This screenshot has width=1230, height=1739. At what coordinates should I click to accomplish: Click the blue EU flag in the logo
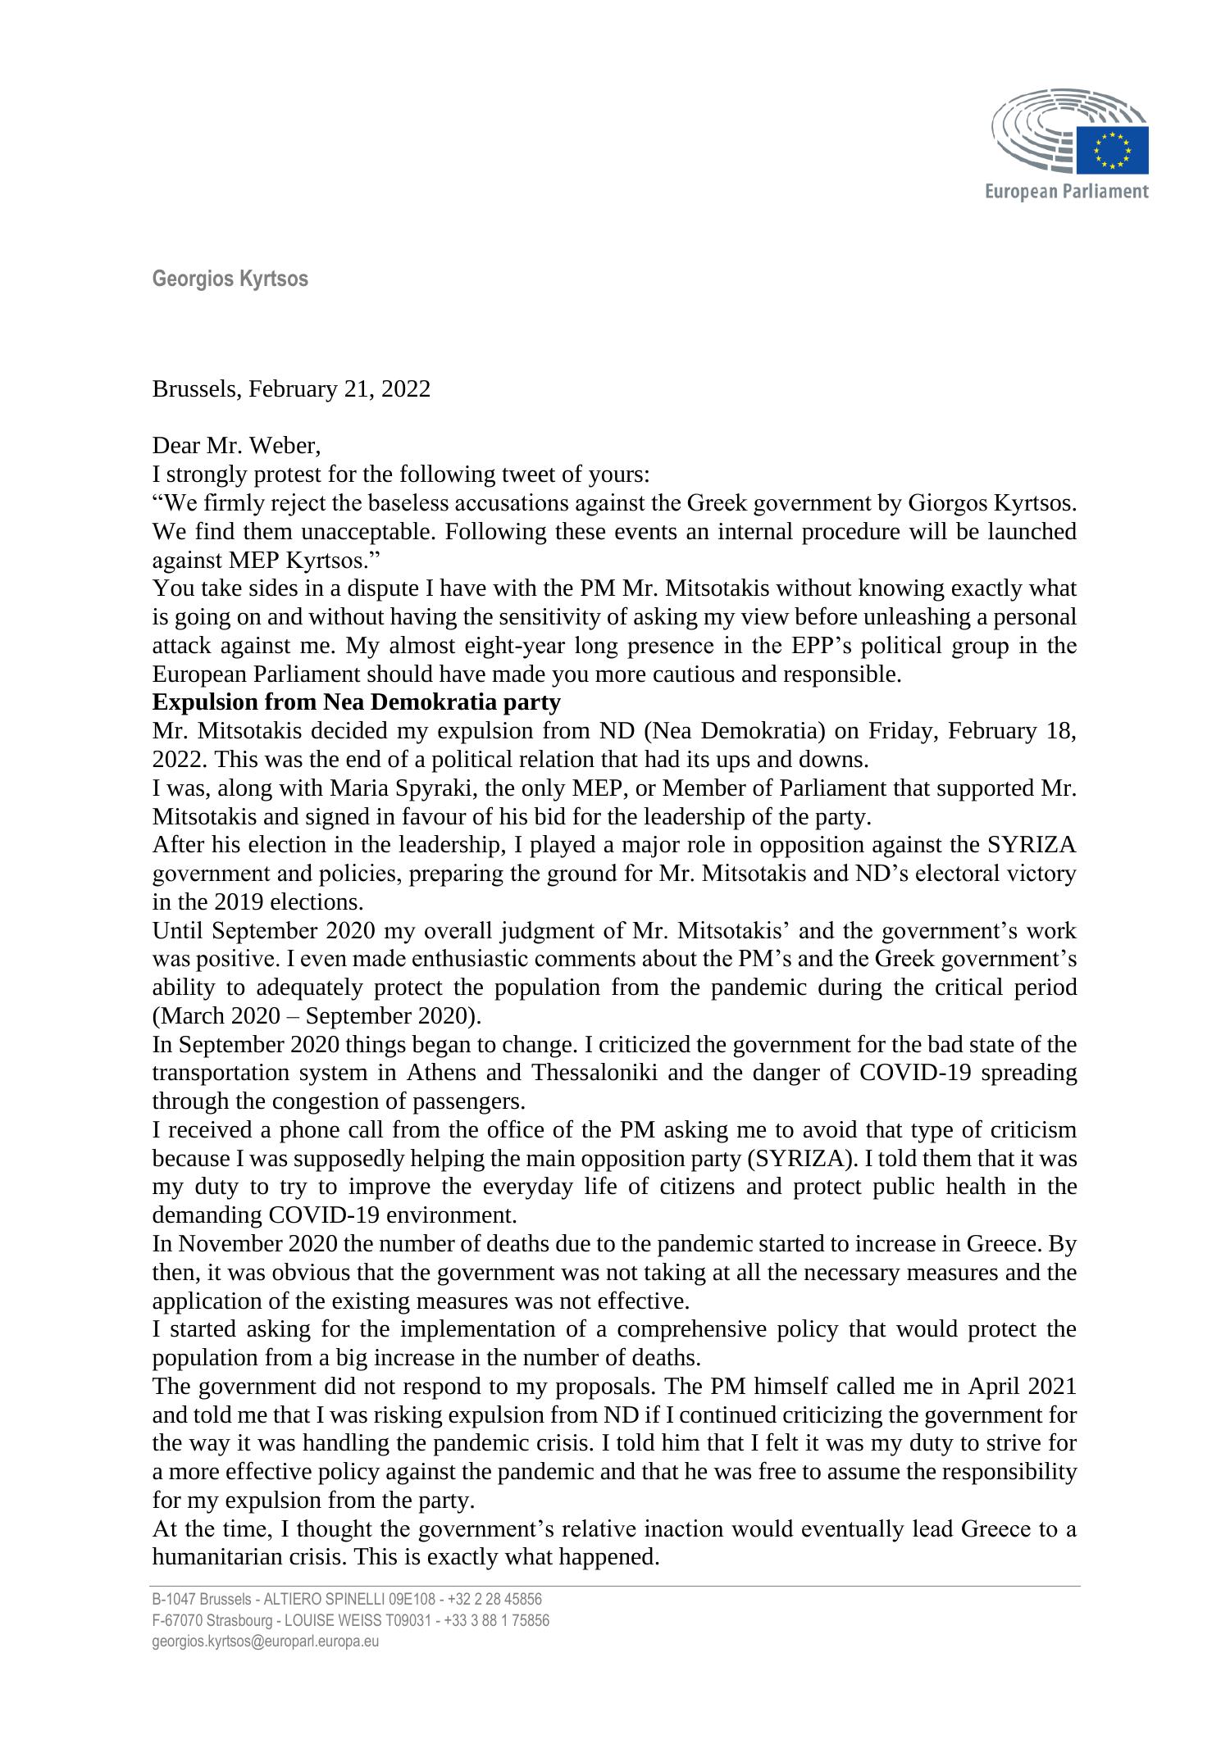[1113, 151]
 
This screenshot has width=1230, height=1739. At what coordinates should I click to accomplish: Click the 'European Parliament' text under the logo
[1066, 192]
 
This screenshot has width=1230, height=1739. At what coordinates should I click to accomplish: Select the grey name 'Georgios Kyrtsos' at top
[230, 279]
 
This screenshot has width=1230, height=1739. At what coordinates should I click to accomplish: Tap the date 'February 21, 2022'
[339, 388]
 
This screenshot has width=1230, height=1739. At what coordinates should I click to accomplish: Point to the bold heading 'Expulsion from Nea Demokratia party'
[356, 702]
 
